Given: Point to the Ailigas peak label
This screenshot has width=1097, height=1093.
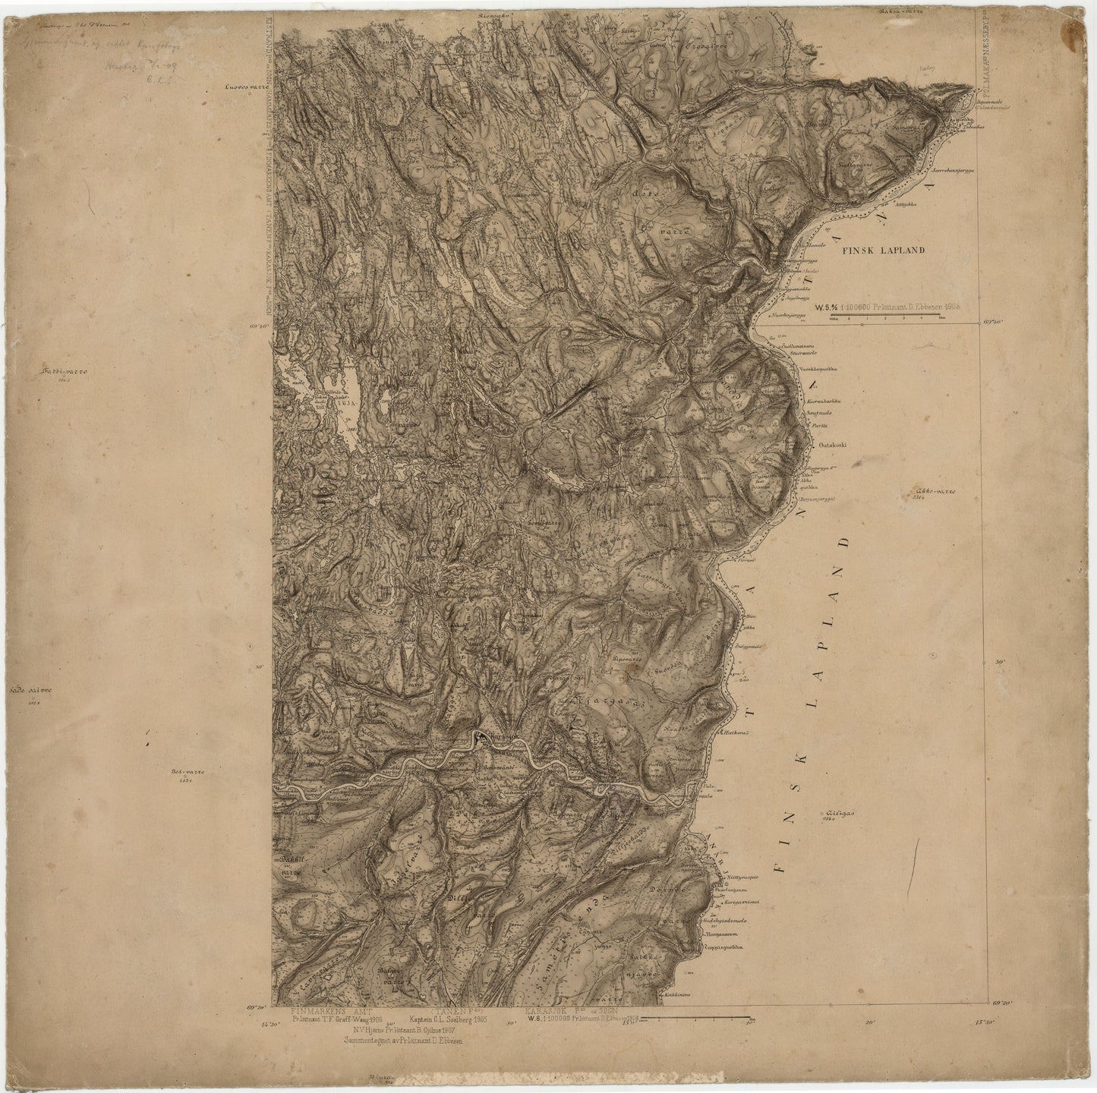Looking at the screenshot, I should pyautogui.click(x=838, y=814).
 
